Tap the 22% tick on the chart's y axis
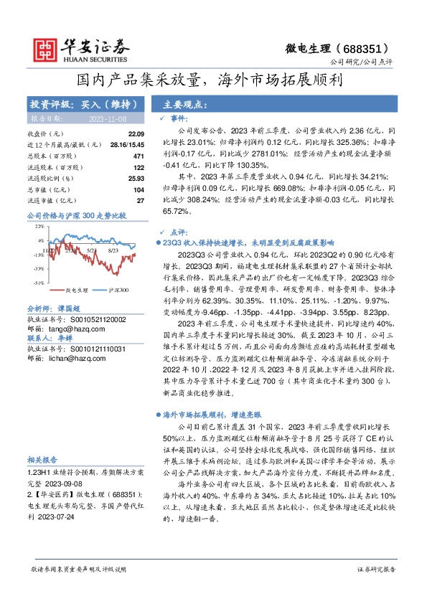coord(39,227)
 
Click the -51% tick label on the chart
coord(37,283)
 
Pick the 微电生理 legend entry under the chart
coord(76,291)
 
